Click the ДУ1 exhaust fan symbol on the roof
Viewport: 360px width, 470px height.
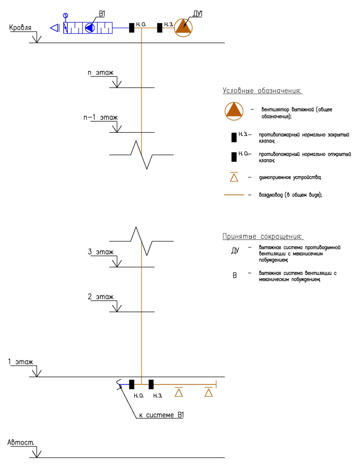(183, 27)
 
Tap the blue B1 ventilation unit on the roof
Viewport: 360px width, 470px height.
(88, 28)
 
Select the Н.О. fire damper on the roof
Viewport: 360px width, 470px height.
(132, 28)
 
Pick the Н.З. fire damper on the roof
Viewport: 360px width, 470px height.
(160, 28)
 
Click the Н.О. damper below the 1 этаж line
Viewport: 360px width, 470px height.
(132, 384)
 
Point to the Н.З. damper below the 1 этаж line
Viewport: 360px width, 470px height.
(151, 384)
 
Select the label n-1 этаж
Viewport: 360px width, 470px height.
(100, 117)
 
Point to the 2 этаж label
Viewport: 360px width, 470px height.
(101, 297)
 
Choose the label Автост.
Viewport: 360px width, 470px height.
(21, 442)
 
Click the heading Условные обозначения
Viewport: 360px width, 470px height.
(263, 91)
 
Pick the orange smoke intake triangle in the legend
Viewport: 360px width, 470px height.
(234, 177)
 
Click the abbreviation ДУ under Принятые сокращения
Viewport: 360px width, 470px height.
(235, 251)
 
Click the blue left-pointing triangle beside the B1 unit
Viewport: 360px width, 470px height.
(55, 28)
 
